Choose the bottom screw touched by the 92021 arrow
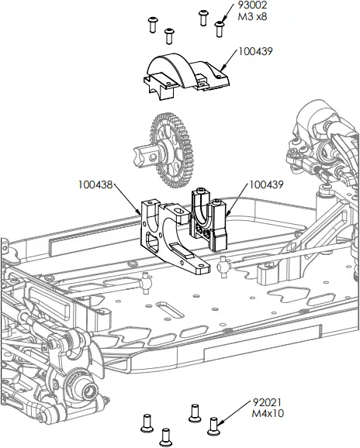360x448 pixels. [215, 425]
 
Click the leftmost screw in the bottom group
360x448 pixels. [144, 422]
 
